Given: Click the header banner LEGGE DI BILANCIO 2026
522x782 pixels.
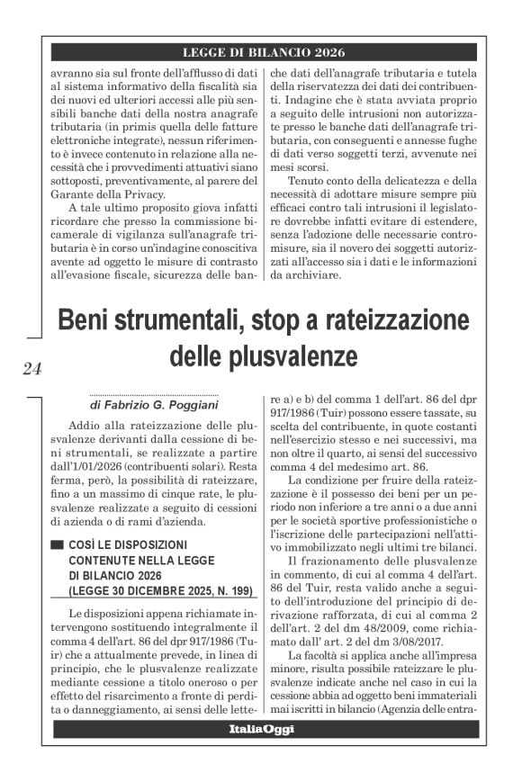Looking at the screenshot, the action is pos(264,52).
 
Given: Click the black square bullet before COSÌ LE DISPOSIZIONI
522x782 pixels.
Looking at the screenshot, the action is pos(58,545).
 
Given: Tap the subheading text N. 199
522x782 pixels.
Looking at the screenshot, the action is pos(225,591).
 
